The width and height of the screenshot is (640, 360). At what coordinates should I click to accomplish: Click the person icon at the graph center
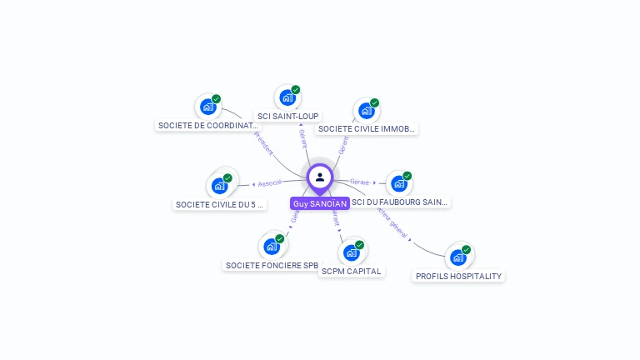click(x=320, y=177)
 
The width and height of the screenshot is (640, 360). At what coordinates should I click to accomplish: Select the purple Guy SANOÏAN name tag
click(x=320, y=203)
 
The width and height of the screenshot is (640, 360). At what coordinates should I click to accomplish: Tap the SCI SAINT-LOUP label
click(x=288, y=116)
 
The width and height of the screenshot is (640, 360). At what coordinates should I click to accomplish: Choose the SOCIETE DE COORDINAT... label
click(x=207, y=125)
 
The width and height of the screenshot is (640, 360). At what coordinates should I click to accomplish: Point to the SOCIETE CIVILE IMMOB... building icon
click(x=366, y=111)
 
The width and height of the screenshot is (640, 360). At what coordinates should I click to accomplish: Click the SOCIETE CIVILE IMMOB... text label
click(x=367, y=129)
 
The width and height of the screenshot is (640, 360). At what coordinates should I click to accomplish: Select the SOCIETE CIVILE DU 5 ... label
click(x=220, y=204)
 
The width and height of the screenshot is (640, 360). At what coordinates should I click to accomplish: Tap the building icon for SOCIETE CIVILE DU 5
click(x=220, y=185)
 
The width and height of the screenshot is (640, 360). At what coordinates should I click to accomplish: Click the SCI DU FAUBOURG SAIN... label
click(x=400, y=202)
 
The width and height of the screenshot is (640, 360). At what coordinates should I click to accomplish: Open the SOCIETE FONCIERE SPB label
click(x=272, y=266)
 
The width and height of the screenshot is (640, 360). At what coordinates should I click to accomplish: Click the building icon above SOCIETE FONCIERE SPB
click(x=271, y=246)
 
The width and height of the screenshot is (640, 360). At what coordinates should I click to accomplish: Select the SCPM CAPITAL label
click(x=351, y=271)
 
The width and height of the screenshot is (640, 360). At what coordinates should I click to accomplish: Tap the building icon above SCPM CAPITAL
click(x=351, y=252)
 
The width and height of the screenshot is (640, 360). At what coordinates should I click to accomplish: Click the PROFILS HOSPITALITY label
click(x=459, y=276)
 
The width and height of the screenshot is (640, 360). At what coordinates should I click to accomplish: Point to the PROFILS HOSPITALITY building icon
click(x=457, y=257)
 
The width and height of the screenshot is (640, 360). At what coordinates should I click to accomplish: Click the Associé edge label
click(x=269, y=183)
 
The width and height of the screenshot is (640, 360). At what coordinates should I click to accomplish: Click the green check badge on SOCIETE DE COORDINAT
click(x=216, y=99)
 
